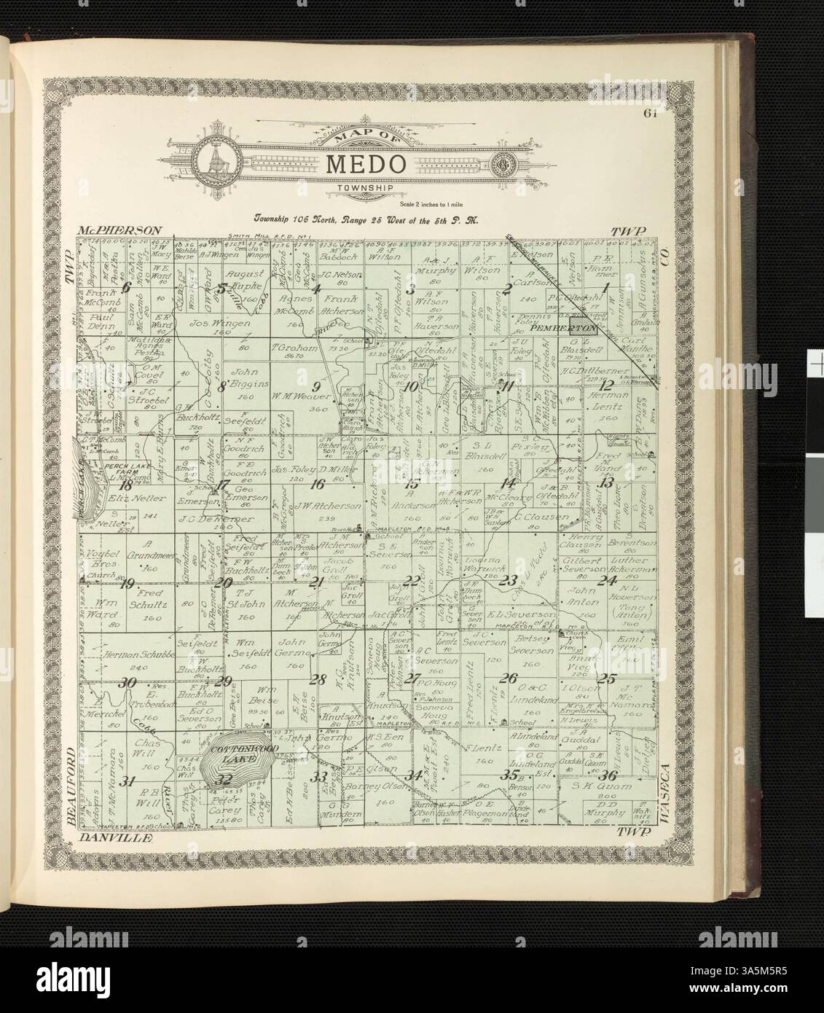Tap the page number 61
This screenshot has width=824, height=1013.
click(x=651, y=114)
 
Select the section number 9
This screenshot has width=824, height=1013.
click(x=316, y=386)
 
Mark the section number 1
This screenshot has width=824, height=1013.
click(x=604, y=286)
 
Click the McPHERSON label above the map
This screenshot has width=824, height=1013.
click(x=117, y=230)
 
